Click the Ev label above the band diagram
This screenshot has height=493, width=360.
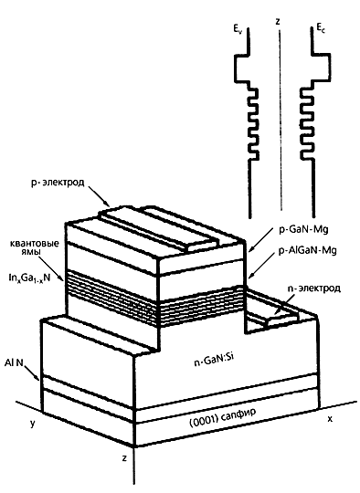[x=238, y=29]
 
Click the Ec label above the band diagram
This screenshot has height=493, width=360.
[x=321, y=29]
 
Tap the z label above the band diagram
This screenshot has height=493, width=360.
[x=278, y=21]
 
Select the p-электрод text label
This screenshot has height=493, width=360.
[x=58, y=183]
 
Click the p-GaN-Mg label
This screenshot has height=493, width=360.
[x=303, y=229]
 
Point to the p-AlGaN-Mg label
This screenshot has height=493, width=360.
[x=307, y=250]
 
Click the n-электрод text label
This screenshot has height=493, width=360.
[x=313, y=288]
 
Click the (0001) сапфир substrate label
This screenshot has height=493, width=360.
[x=222, y=417]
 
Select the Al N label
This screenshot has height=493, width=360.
[x=14, y=362]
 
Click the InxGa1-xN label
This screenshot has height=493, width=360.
[x=29, y=278]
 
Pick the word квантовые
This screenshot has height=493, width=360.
[x=35, y=244]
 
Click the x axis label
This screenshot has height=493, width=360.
[x=330, y=419]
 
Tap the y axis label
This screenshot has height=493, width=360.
[x=33, y=424]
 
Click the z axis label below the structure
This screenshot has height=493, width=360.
[x=124, y=458]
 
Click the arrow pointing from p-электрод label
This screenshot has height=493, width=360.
[x=99, y=196]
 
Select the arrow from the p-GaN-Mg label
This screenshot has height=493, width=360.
[x=261, y=239]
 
